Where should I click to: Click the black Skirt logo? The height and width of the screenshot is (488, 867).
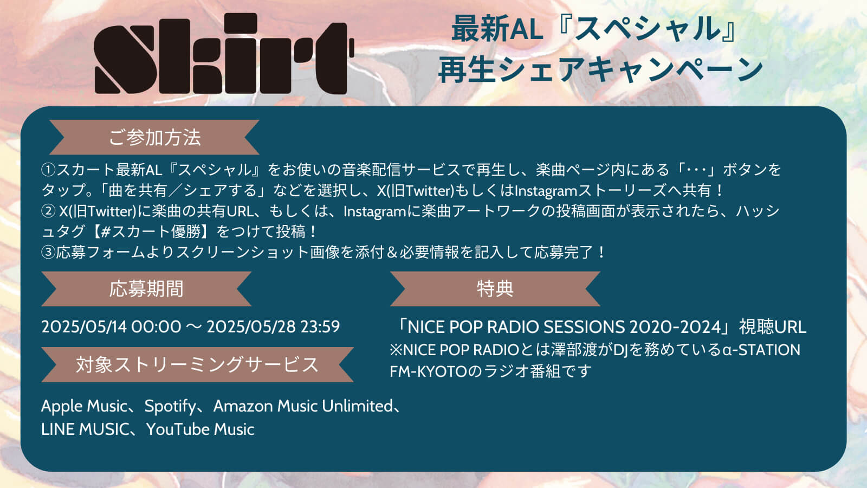point(224,54)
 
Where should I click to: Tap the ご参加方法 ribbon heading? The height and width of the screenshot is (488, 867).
point(154,137)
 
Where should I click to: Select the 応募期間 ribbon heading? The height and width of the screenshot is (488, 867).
point(146,288)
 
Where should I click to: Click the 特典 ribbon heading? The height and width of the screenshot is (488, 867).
point(495,288)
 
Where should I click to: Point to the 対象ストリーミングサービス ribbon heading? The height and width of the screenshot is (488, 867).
point(197,364)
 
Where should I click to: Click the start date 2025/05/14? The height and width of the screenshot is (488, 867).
point(84,326)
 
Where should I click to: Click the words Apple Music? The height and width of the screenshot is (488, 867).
point(84,406)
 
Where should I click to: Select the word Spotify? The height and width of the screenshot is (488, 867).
point(170,407)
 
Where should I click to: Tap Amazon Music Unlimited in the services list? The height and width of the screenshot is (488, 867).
point(303,406)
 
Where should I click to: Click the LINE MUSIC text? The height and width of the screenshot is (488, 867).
point(85,429)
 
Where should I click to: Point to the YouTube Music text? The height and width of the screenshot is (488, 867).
point(200,429)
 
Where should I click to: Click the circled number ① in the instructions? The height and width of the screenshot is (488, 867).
point(49,170)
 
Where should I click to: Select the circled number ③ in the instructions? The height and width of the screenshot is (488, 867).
point(49,252)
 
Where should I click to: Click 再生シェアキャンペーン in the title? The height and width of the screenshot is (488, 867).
point(600,70)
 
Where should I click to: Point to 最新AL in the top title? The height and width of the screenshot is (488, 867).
point(497,29)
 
